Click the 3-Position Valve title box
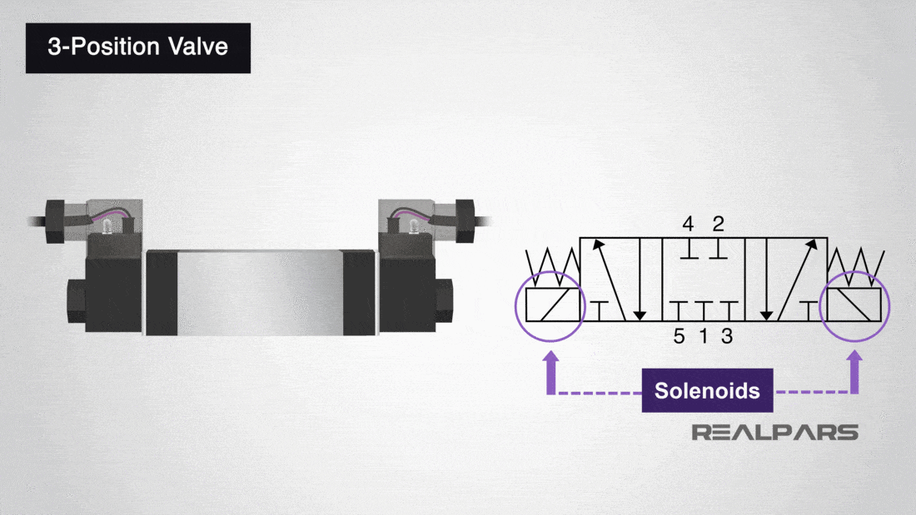138,47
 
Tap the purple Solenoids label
707,390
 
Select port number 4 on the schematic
688,224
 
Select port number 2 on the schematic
719,224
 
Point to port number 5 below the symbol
680,337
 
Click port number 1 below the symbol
703,337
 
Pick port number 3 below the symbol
727,337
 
